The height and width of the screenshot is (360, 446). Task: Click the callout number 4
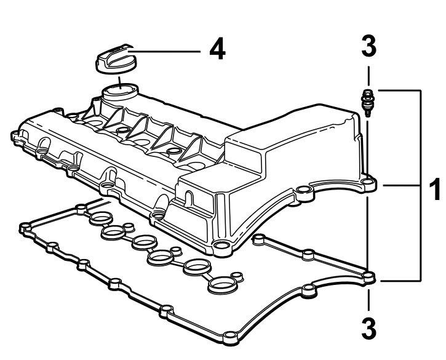click(218, 50)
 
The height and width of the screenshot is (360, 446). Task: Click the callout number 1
click(435, 189)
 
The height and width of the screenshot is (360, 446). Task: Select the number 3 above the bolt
click(369, 46)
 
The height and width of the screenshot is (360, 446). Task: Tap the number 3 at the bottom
click(369, 329)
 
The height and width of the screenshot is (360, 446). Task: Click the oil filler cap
click(116, 58)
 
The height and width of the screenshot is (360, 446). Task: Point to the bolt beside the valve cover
click(367, 102)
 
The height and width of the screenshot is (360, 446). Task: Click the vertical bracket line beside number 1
click(420, 185)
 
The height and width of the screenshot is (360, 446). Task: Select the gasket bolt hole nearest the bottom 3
click(369, 276)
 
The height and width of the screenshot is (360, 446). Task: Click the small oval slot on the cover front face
click(188, 198)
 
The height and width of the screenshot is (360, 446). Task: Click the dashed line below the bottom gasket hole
click(369, 300)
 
